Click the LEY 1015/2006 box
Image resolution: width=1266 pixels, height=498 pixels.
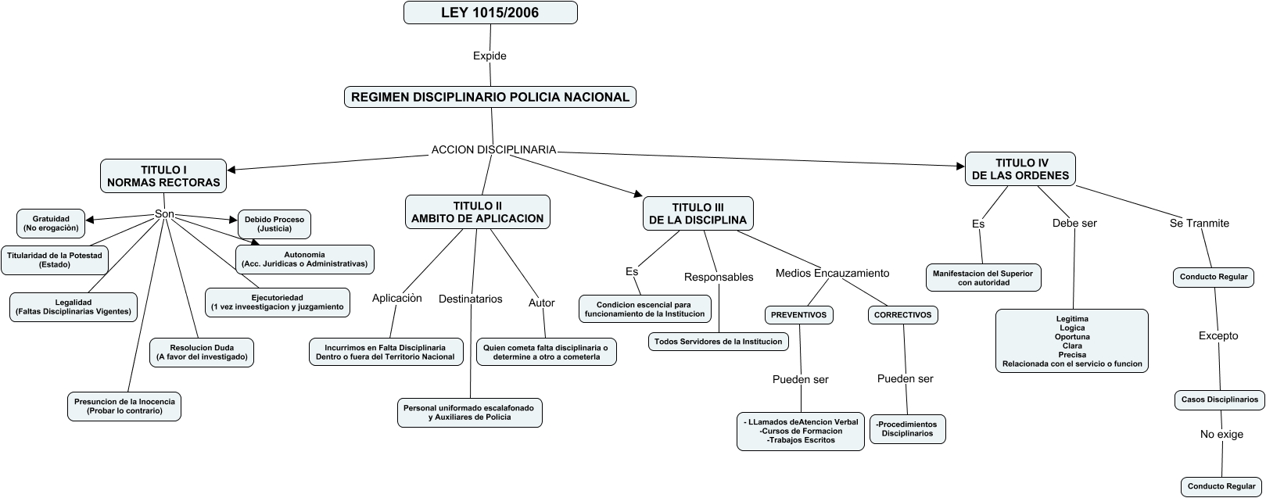pos(490,13)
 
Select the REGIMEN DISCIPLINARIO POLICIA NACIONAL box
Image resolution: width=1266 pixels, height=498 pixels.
pos(490,97)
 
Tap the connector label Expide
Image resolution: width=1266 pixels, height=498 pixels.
pos(490,56)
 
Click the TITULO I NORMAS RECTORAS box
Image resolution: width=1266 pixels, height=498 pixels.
pos(163,177)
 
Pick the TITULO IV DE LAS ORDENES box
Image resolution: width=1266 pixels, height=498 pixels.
pos(1020,169)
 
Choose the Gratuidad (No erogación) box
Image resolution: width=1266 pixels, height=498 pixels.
pos(51,224)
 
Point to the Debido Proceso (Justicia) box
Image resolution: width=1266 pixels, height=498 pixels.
pos(274,224)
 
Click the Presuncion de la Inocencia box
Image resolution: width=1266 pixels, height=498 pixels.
pos(124,406)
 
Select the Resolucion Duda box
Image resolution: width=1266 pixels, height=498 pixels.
pos(202,352)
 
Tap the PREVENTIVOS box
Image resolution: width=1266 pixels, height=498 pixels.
pos(798,315)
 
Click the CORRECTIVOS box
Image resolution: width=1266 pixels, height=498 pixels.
pos(902,315)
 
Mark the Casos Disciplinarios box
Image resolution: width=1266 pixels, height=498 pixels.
pos(1219,399)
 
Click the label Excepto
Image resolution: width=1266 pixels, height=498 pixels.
pos(1218,335)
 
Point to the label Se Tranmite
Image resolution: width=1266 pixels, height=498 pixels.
pos(1199,223)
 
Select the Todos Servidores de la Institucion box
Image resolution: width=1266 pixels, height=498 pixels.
pos(718,342)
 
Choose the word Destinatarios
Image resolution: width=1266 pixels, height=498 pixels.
pos(470,299)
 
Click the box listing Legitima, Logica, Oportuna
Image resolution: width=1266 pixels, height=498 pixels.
pos(1071,341)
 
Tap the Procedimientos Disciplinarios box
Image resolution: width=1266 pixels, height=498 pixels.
pos(907,428)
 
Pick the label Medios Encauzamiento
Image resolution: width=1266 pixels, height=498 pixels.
pos(832,273)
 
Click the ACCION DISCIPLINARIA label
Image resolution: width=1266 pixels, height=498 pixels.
pos(493,149)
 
